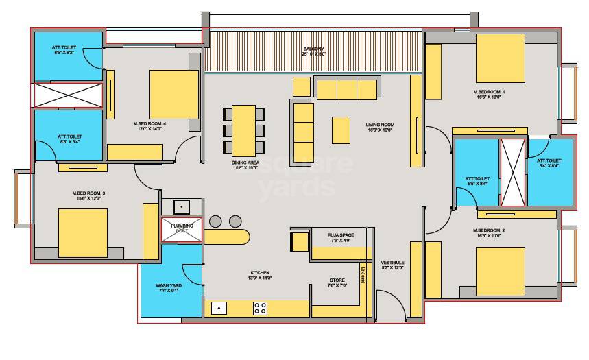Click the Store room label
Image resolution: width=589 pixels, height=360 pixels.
click(x=337, y=282)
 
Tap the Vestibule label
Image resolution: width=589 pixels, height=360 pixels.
click(x=392, y=265)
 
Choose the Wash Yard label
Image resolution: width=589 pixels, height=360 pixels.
click(x=168, y=288)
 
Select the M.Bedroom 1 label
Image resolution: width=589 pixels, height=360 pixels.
click(x=489, y=95)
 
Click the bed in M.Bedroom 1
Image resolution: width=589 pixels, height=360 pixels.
click(x=500, y=58)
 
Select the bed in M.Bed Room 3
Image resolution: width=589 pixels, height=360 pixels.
click(x=83, y=232)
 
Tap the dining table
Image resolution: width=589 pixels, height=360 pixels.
click(x=244, y=128)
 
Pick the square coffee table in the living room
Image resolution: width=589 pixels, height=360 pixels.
click(x=341, y=130)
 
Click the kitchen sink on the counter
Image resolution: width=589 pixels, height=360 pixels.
click(x=219, y=308)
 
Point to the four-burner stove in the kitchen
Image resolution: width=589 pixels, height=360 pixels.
click(x=261, y=308)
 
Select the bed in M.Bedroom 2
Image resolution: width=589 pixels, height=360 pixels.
click(x=500, y=271)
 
